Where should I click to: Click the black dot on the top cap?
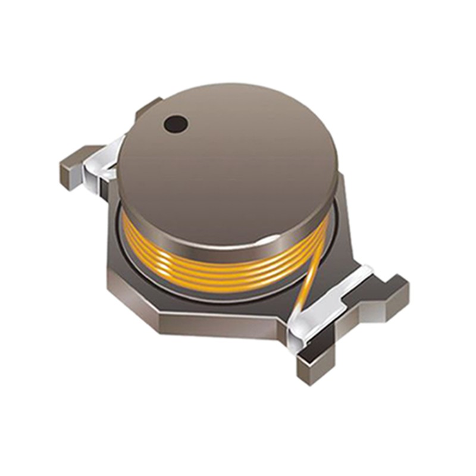click(x=176, y=124)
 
